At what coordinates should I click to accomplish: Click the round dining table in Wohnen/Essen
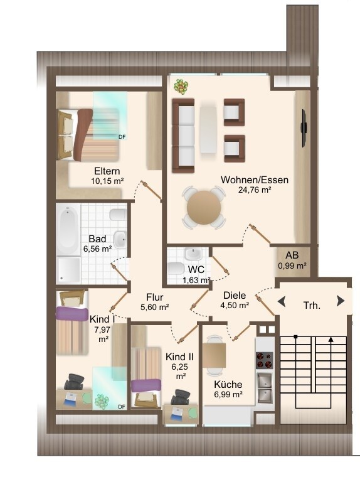(204, 208)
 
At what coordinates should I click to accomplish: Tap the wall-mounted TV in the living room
(304, 128)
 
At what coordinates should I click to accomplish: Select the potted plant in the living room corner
(181, 86)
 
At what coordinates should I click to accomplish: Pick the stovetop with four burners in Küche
(264, 360)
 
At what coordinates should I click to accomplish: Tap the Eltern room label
(107, 171)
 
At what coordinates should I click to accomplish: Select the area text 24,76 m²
(255, 190)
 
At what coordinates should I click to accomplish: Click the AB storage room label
(292, 255)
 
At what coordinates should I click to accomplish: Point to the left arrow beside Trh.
(282, 302)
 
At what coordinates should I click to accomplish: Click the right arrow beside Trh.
(341, 301)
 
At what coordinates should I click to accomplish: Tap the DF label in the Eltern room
(122, 137)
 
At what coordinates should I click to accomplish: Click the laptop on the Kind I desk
(70, 399)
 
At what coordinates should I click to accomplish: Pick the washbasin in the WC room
(193, 254)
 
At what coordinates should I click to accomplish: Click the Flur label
(154, 297)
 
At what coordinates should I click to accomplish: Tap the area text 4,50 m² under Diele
(235, 305)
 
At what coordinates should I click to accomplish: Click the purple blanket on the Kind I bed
(72, 313)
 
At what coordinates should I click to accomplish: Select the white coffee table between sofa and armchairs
(208, 129)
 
